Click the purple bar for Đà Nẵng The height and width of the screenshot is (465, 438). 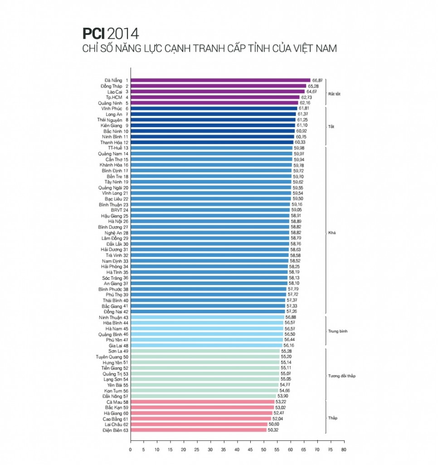tap(220, 80)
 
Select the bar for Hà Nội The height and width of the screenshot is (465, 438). tap(210, 222)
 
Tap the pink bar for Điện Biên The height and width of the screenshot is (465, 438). tap(199, 430)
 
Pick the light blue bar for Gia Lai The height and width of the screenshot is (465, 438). tap(206, 346)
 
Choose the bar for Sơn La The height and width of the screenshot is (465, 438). tap(205, 351)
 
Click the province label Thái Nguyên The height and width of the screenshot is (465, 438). tap(109, 120)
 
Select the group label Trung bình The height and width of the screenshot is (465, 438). tap(337, 331)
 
